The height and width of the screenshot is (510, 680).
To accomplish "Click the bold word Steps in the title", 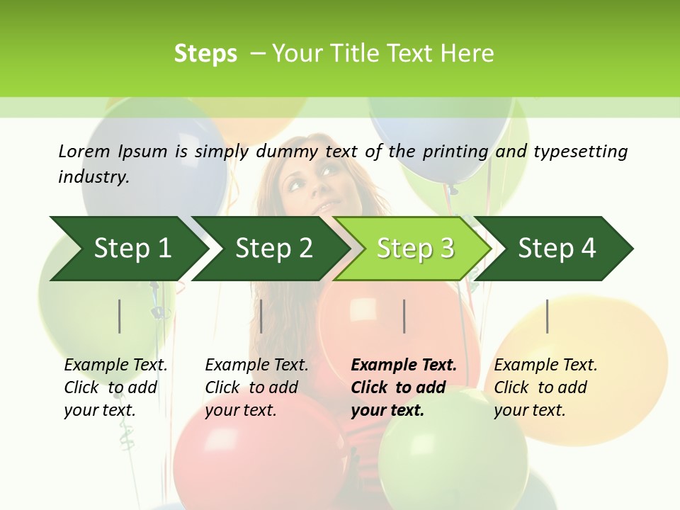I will coord(205,54).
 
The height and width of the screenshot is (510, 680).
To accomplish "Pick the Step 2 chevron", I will coord(273,248).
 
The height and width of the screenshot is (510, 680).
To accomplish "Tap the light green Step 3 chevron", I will coord(415,248).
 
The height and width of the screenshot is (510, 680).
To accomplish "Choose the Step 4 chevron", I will coord(557,248).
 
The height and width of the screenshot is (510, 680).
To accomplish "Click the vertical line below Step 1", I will coord(120,316).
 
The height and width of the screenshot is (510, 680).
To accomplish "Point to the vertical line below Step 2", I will coord(261,316).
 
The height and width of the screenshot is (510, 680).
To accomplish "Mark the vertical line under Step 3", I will coord(404,316).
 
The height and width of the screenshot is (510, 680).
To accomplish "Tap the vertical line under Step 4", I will coord(547,316).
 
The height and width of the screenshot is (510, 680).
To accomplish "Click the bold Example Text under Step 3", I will coord(404,365).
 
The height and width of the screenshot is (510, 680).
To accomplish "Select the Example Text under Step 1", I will coord(115,365).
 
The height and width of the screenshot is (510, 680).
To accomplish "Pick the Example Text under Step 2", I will coord(256,365).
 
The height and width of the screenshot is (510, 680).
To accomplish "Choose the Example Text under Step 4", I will coord(545,365).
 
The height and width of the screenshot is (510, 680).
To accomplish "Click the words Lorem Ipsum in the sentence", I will coord(113,152).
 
